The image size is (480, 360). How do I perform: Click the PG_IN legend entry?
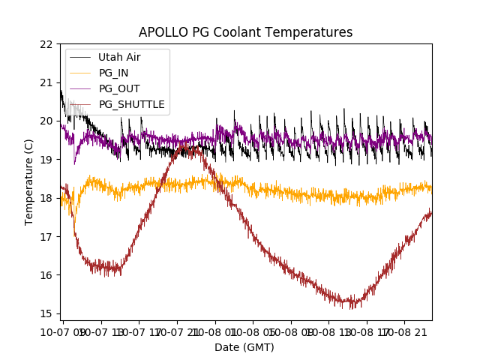coord(113,73)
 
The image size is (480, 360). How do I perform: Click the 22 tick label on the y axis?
coord(47,44)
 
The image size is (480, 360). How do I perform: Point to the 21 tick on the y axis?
coord(47,82)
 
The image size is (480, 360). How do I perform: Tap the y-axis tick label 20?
coord(47,121)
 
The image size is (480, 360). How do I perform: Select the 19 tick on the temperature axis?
coord(47,160)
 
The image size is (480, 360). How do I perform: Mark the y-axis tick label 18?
coord(47,198)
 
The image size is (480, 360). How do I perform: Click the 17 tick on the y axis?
coord(47,236)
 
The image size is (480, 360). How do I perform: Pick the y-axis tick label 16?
coord(47,275)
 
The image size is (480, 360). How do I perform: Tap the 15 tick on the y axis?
coord(47,313)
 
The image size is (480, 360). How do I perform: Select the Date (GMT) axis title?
coord(244,347)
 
